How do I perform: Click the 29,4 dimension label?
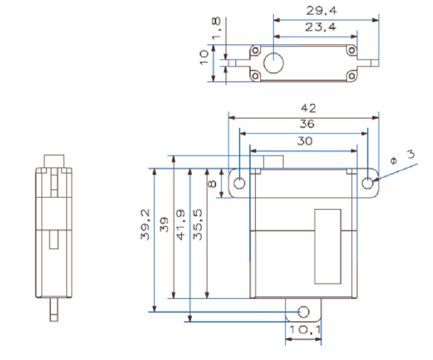point(322,11)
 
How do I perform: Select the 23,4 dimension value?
point(320,27)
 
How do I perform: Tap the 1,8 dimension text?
point(216,28)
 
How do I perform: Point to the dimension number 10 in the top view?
point(204,57)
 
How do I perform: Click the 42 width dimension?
point(308,108)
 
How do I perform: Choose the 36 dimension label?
point(307,124)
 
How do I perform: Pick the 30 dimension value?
point(305,141)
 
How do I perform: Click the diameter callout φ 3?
point(402,157)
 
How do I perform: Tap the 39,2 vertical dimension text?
point(145,224)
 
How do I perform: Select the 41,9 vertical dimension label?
point(180,225)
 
